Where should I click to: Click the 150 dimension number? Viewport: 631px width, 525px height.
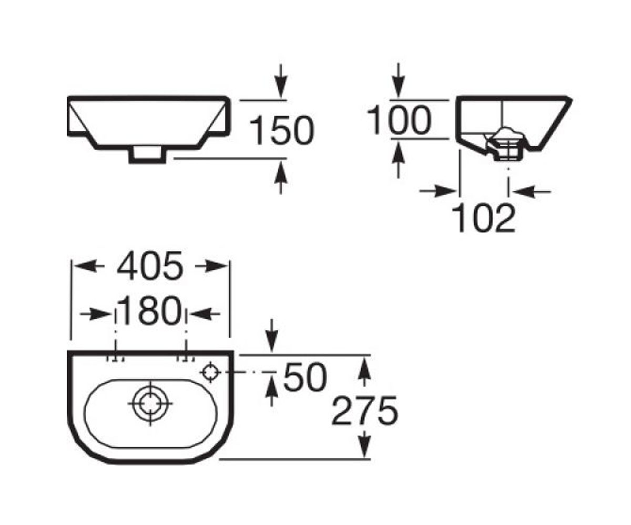(x=282, y=130)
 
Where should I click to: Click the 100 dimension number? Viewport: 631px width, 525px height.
(x=399, y=120)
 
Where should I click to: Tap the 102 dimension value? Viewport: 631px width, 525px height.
(x=483, y=217)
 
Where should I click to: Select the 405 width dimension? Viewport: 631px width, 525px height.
(x=150, y=266)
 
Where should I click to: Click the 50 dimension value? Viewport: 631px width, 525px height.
(x=305, y=377)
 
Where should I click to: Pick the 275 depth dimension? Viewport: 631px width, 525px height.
(x=364, y=411)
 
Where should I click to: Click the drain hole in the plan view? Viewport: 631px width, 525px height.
(x=150, y=404)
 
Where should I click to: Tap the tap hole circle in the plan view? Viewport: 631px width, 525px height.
(x=210, y=372)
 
